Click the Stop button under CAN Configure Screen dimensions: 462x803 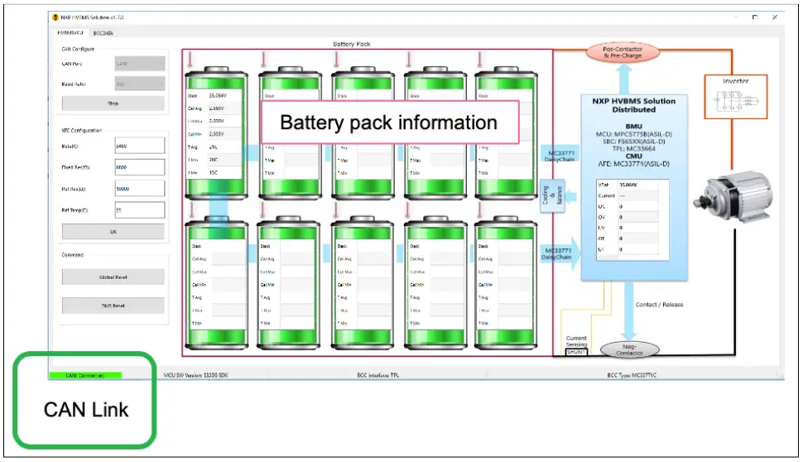(113, 103)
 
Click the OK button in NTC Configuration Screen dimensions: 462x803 (113, 232)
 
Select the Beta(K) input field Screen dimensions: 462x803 (139, 147)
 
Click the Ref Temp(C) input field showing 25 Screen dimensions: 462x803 (139, 210)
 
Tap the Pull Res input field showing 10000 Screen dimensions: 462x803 (139, 189)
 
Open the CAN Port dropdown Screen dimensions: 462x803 (139, 63)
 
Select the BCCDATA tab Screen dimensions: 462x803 (103, 33)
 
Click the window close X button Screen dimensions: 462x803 (775, 17)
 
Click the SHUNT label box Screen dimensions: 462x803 (576, 352)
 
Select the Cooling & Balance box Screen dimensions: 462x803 (547, 195)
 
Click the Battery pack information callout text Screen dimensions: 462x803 (389, 123)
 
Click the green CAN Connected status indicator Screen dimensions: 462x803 (85, 375)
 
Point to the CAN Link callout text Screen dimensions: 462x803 (85, 409)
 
